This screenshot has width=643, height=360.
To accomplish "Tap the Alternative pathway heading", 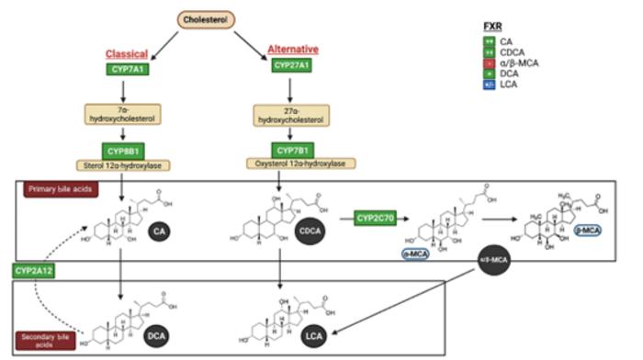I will [x=291, y=48].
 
